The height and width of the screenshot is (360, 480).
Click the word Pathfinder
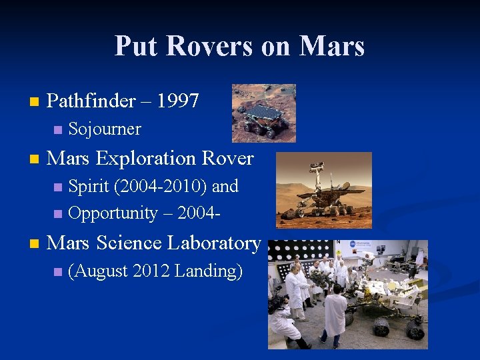[x=91, y=101]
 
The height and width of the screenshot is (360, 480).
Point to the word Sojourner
[x=105, y=129]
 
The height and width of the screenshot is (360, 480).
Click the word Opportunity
[x=112, y=213]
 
